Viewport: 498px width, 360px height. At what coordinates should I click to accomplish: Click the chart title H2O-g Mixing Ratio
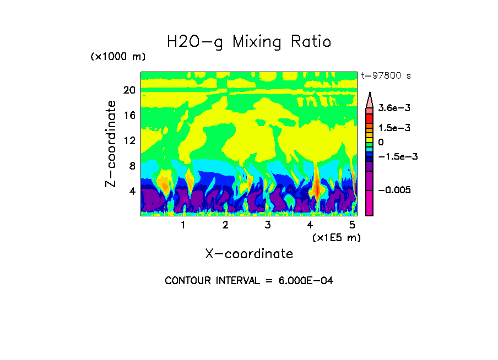tap(249, 42)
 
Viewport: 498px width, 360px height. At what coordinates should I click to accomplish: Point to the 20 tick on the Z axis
tap(129, 90)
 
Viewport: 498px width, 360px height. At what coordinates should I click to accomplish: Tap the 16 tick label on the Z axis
tap(129, 115)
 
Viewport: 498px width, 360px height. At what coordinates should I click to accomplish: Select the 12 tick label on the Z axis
tap(129, 140)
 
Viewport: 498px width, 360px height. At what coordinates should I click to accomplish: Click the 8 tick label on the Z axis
tap(132, 166)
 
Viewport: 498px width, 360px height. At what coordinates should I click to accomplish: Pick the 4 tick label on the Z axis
tap(132, 191)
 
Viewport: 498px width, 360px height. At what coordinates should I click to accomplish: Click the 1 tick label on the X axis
tap(183, 225)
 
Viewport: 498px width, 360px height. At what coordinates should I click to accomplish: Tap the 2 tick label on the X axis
tap(225, 225)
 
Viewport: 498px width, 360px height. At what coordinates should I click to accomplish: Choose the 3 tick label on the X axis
tap(267, 225)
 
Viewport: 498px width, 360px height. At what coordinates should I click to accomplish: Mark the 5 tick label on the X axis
tap(352, 225)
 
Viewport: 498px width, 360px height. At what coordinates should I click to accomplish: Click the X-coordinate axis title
tap(249, 254)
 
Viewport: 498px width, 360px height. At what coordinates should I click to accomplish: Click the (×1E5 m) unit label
tap(336, 237)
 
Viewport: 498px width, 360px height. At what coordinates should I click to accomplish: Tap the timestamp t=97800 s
tap(386, 76)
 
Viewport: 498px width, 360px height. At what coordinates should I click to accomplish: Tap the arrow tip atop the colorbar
tap(369, 93)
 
